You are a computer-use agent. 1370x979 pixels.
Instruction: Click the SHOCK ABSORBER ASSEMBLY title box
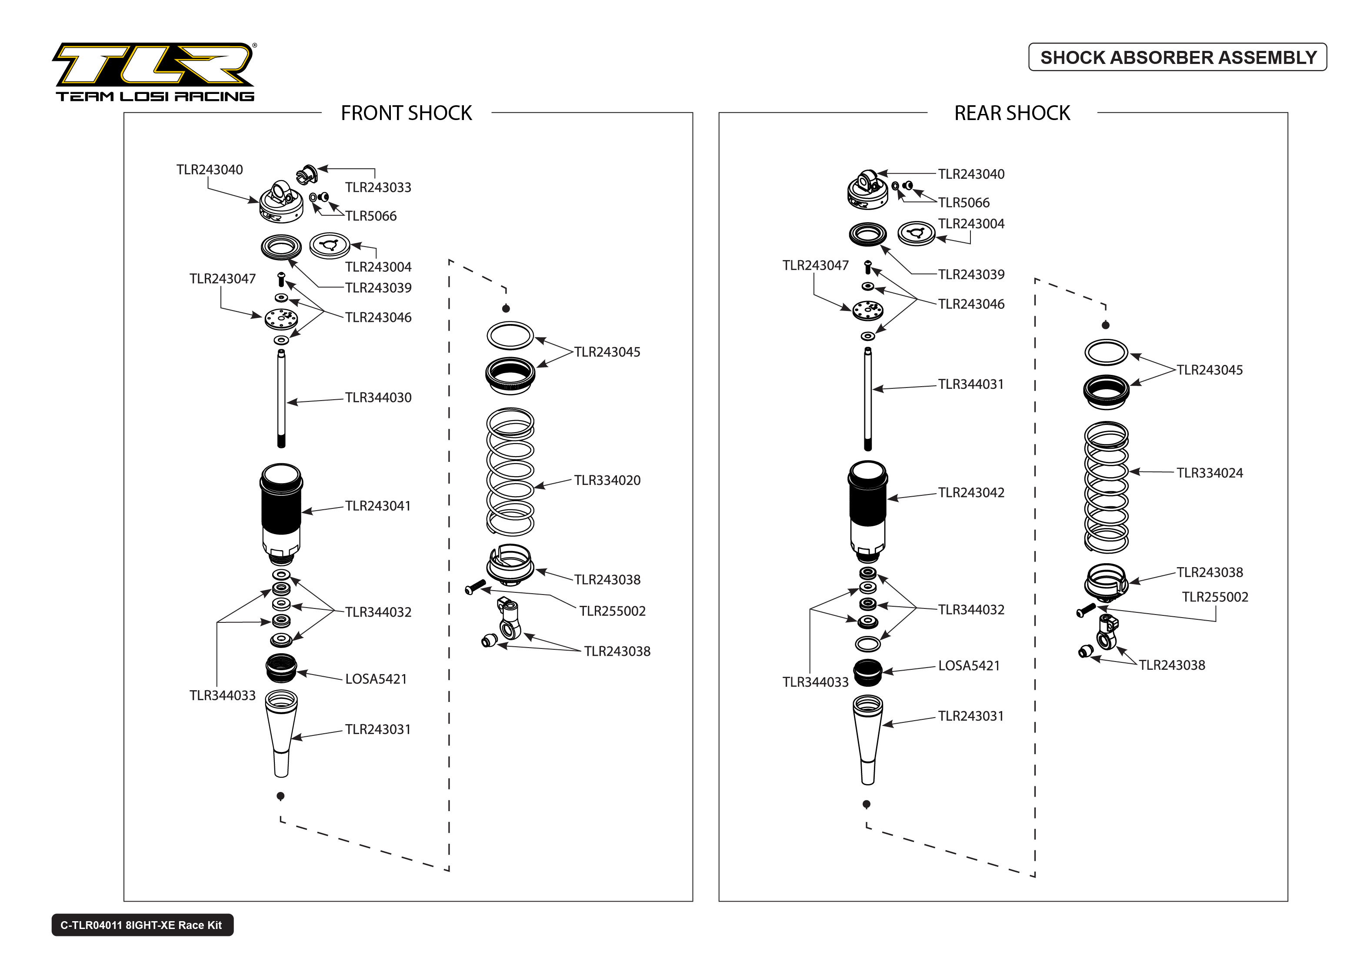coord(1177,57)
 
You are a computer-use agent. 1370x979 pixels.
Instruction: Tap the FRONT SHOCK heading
coord(406,114)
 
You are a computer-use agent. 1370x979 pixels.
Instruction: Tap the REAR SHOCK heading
coord(1012,114)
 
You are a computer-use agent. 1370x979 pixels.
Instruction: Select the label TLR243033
coord(378,187)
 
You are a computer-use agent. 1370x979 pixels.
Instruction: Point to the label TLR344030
coord(378,398)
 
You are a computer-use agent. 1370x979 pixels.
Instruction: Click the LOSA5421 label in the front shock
coord(376,679)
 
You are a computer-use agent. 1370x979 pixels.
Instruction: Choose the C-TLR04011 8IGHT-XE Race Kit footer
coord(142,925)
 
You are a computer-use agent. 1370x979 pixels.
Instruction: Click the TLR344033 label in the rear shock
coord(815,682)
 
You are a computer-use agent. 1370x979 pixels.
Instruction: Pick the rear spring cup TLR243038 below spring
coord(1106,582)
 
